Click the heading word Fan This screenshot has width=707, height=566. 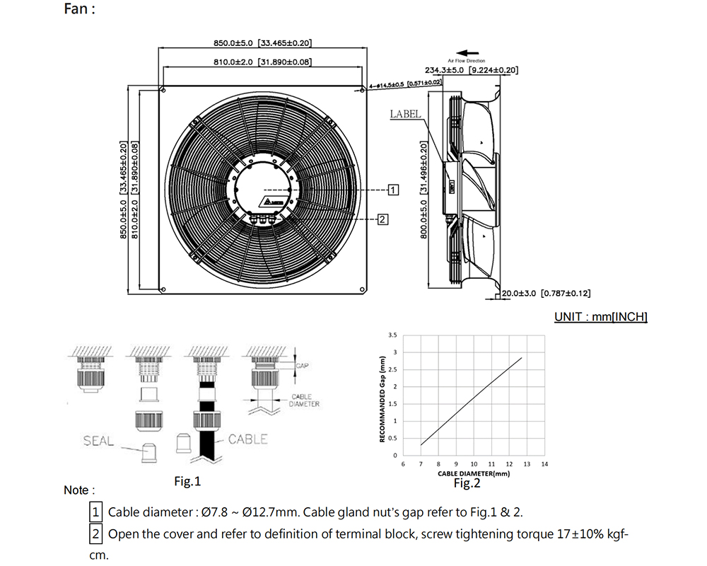pos(76,10)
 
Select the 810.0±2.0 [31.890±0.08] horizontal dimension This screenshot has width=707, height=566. pos(262,62)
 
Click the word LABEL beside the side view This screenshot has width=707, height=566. pos(405,113)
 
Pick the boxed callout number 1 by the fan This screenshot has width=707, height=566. pos(394,190)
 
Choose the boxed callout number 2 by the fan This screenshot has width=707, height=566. pos(382,219)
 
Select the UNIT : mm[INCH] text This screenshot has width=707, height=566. pos(600,316)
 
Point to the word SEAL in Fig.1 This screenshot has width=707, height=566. pos(98,441)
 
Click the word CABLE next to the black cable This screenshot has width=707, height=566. pos(247,439)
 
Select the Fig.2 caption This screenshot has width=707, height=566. pos(467,483)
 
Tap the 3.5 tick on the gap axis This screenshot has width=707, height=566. pos(393,335)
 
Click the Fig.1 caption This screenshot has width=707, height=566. pos(187,481)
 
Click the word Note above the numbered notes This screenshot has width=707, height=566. pos(76,490)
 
